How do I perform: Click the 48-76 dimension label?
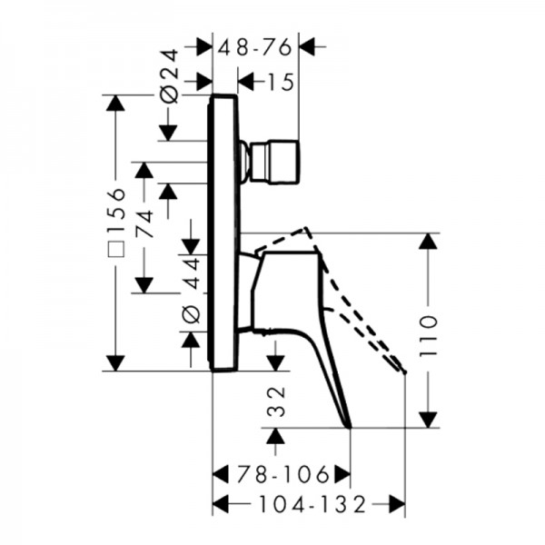click(254, 47)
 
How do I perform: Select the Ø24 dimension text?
click(169, 77)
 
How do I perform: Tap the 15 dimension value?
click(281, 83)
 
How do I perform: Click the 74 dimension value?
click(144, 223)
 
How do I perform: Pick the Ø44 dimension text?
click(191, 290)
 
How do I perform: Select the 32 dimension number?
click(276, 401)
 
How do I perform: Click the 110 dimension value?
click(428, 335)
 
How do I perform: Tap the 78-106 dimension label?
click(282, 474)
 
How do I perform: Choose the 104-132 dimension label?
click(312, 504)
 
